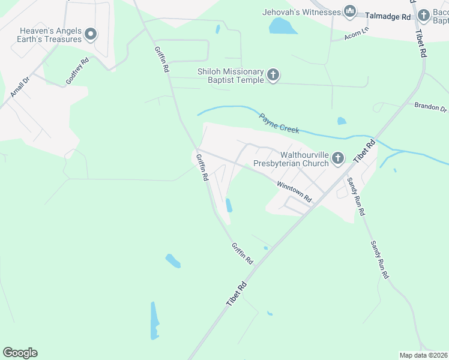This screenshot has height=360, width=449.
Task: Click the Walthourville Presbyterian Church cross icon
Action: (338, 158)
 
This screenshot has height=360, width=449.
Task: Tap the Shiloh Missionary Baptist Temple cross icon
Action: (273, 76)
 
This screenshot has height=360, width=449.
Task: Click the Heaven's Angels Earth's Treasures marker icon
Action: (90, 34)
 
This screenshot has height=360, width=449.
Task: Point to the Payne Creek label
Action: (279, 122)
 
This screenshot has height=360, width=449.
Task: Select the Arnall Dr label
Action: (20, 87)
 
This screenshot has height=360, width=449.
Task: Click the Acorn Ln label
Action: (355, 37)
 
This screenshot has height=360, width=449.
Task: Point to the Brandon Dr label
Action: (430, 107)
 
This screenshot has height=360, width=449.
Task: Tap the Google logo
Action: (20, 353)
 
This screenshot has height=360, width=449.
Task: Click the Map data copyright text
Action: (423, 355)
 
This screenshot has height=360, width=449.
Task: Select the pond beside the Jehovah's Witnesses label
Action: (283, 26)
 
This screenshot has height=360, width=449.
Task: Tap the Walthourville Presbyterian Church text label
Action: (291, 158)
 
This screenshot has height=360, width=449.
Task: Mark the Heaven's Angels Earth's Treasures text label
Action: (50, 35)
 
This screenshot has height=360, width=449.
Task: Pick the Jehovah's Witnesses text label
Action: (301, 12)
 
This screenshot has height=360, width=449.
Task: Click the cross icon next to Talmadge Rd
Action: (424, 15)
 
